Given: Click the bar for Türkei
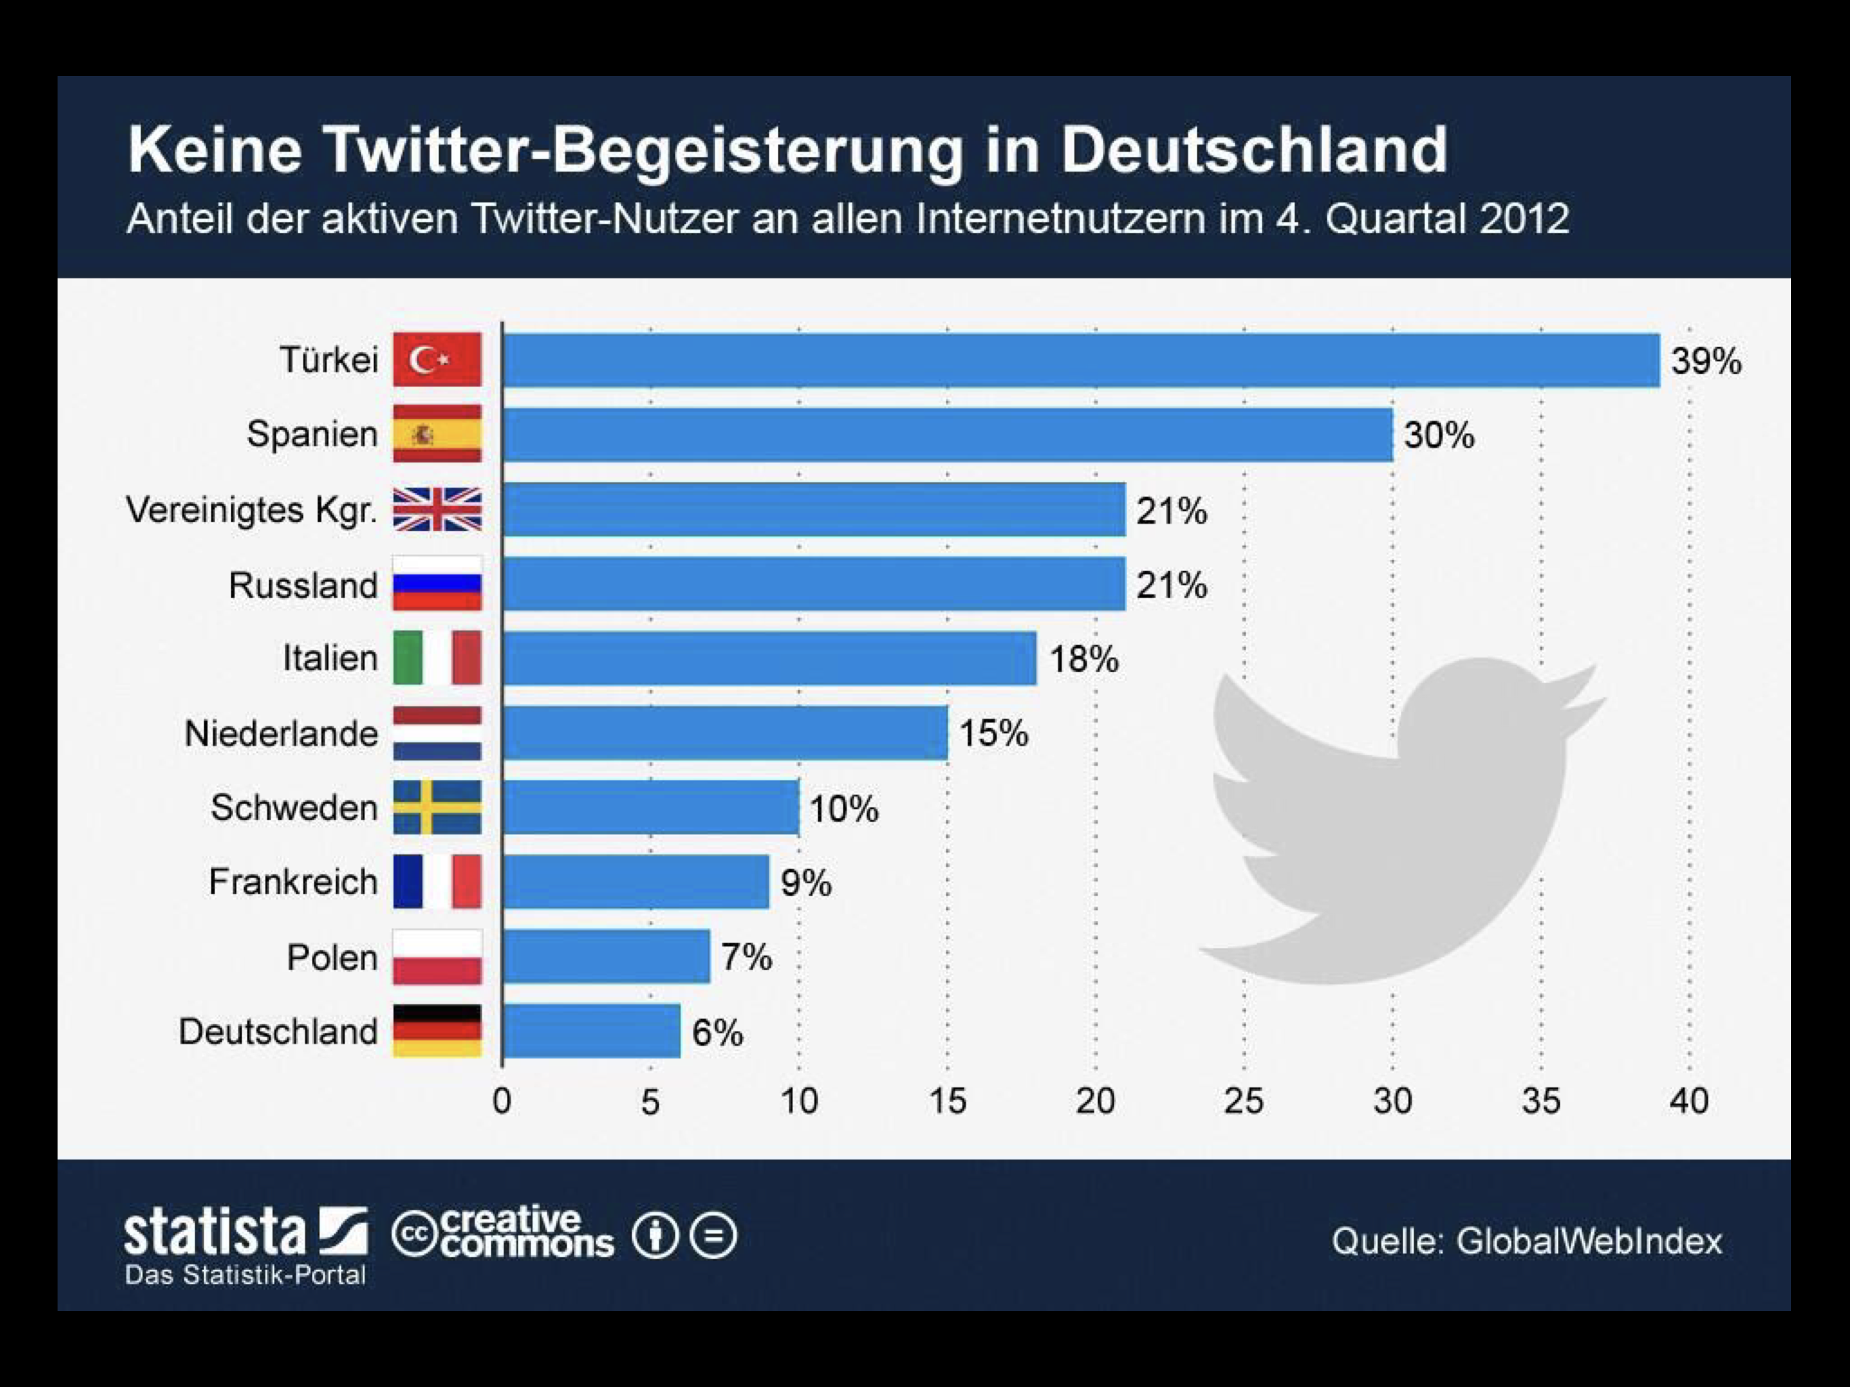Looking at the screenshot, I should point(1081,360).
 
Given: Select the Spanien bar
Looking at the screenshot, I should point(947,434).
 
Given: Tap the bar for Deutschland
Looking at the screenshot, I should point(591,1031).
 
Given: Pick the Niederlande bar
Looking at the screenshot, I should point(725,733).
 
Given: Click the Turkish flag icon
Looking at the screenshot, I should point(437,360).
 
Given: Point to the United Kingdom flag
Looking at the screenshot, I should point(437,509).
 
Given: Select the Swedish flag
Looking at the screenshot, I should point(437,807).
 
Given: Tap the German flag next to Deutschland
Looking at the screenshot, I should point(437,1031).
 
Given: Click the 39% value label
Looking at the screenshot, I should point(1705,362).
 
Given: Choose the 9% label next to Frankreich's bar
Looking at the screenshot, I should point(805,882).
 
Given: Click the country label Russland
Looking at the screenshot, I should point(303,584).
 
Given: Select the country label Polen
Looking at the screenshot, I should point(331,957).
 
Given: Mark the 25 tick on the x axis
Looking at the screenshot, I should point(1244,1101).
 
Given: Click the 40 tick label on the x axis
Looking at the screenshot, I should point(1689,1101).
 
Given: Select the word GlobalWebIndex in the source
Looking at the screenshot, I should point(1589,1241).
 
